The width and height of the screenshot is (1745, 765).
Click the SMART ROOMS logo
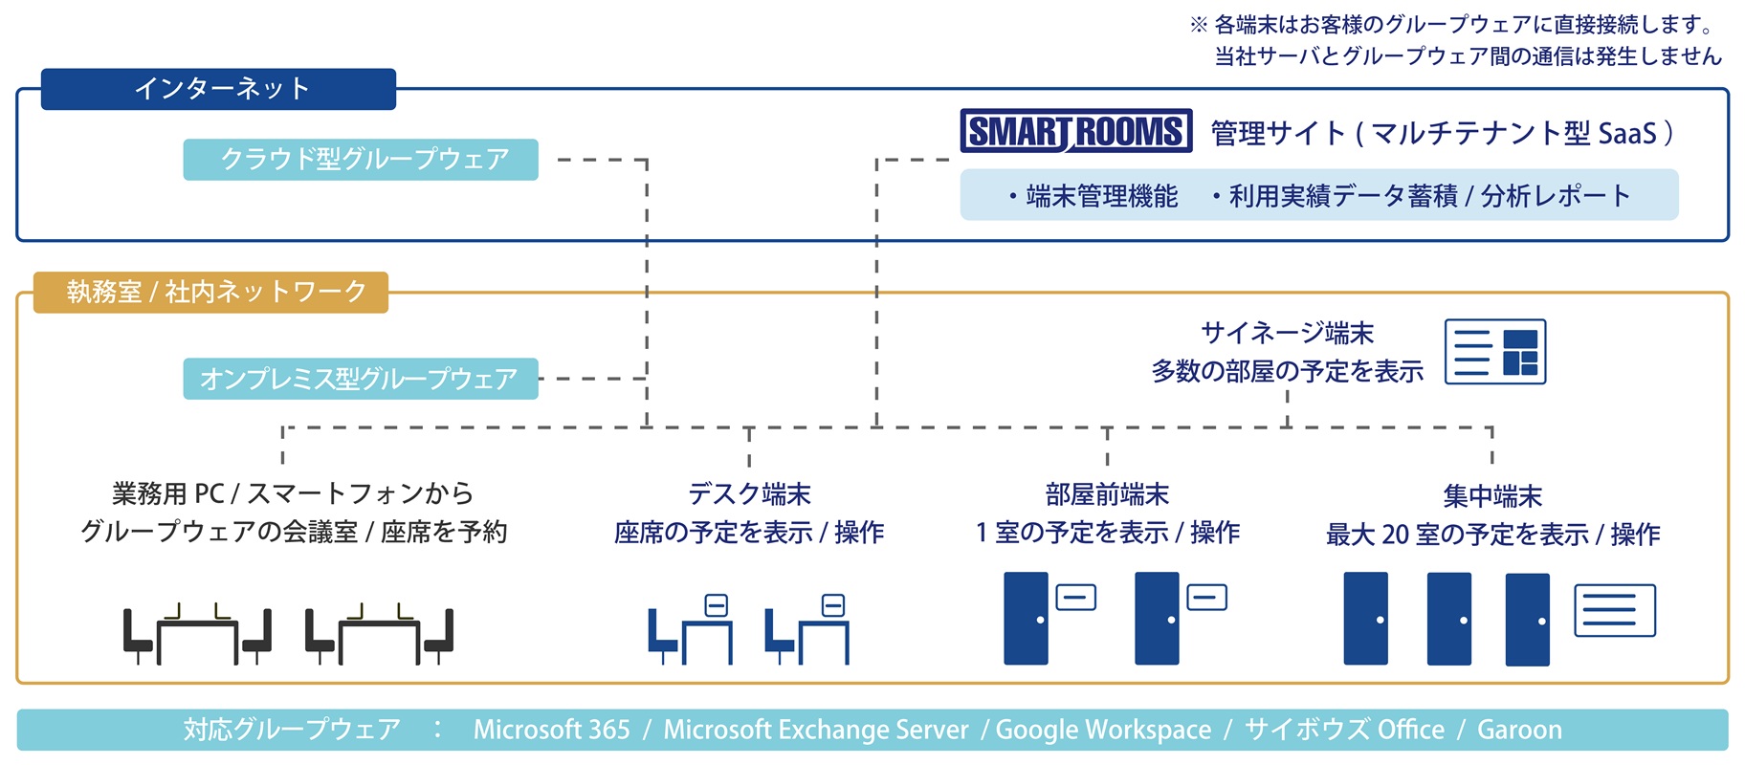[x=1076, y=131]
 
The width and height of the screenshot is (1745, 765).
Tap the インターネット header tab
[x=218, y=89]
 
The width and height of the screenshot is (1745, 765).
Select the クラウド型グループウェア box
[x=361, y=159]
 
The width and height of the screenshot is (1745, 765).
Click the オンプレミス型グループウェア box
[x=361, y=379]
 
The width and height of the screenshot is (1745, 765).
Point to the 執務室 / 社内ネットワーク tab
[x=211, y=292]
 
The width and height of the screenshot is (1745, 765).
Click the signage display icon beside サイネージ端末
[x=1494, y=352]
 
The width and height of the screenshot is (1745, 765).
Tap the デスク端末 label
[x=749, y=494]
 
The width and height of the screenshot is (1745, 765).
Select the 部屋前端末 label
[x=1107, y=494]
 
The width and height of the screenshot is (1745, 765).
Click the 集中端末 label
[x=1492, y=496]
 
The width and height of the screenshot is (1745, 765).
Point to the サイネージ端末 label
[x=1288, y=333]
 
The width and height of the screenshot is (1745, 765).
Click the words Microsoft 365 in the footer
[x=552, y=730]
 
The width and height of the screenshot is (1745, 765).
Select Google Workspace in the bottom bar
[x=1103, y=731]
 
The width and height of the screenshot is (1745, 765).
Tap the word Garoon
[x=1519, y=730]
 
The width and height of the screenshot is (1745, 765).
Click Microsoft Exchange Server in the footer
[x=816, y=730]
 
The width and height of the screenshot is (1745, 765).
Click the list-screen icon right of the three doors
[x=1615, y=610]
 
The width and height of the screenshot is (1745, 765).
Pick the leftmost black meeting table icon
[x=197, y=634]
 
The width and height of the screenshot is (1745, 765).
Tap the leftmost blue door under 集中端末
[x=1365, y=619]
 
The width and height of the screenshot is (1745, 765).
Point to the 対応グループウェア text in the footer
[x=292, y=730]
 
